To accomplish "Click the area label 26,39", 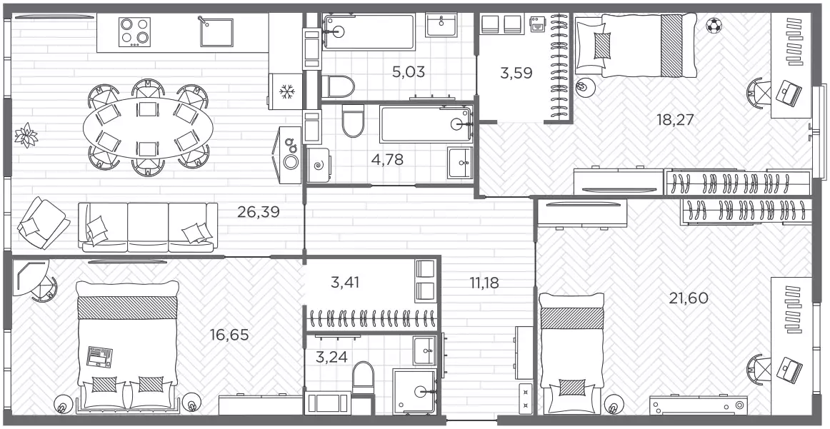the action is click(259, 213).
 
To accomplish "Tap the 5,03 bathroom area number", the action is click(409, 71).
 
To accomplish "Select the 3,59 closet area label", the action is click(516, 73).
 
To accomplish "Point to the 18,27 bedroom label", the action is click(675, 120).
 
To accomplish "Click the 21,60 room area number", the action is click(689, 298).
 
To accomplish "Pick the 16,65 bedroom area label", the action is click(229, 335).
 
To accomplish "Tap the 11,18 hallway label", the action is click(484, 283).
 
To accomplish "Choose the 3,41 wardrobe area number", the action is click(345, 283).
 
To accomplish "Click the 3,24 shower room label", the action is click(331, 358).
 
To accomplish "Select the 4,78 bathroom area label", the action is click(387, 160).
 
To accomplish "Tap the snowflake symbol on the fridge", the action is click(286, 91).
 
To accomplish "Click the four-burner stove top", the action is click(134, 31).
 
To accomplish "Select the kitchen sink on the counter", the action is click(216, 31).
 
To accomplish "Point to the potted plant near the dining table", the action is click(26, 135).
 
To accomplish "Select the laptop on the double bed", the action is click(99, 357).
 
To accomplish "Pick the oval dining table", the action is click(149, 128).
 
